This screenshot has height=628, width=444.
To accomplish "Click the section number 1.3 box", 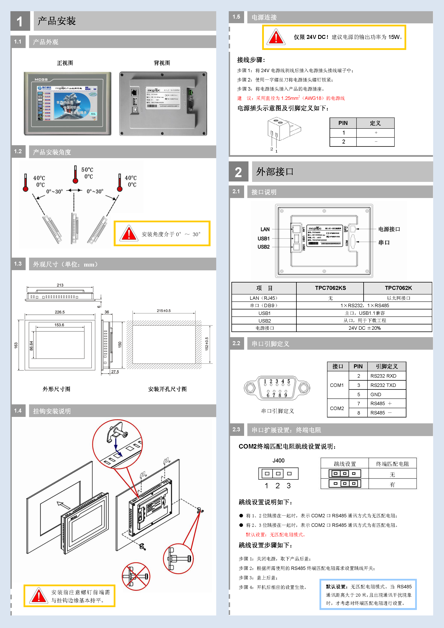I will [x=18, y=264].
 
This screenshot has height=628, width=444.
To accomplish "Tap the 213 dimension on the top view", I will [x=60, y=285].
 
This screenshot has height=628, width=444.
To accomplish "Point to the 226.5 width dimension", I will [x=60, y=312].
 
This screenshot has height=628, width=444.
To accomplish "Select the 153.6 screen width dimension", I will [x=59, y=325].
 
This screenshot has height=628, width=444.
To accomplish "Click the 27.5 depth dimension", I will [x=115, y=372].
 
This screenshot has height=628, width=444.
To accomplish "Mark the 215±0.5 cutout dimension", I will [x=164, y=311].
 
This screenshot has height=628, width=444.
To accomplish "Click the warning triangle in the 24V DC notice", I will [x=276, y=37].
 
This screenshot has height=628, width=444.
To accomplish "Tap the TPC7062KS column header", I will [x=330, y=288].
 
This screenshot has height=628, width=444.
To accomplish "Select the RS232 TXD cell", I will [x=383, y=385].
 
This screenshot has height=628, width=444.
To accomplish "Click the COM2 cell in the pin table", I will [x=337, y=408].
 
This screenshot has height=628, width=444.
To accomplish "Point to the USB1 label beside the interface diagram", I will [x=263, y=238].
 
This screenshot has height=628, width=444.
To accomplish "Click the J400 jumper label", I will [x=278, y=461].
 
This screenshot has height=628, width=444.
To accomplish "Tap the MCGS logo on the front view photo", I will [x=41, y=80].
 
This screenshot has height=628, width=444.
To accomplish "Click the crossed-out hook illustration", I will [x=136, y=576].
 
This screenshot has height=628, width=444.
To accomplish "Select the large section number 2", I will [x=238, y=172].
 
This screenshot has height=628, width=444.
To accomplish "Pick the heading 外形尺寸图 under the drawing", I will [x=56, y=389].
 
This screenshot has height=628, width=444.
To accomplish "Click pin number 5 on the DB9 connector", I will [x=289, y=381].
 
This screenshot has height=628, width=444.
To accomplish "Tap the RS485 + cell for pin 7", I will [x=381, y=403].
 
